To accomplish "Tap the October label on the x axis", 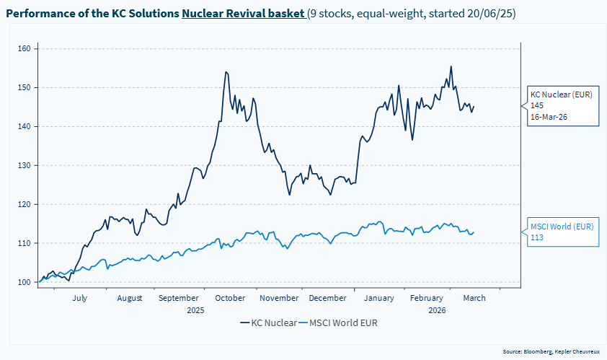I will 230,298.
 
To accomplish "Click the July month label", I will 80,298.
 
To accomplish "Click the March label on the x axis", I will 474,298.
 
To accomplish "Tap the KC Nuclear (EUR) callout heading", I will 561,95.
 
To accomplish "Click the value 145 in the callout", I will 537,105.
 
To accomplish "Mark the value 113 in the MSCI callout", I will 536,237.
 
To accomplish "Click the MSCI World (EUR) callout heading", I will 562,227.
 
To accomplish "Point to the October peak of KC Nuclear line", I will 226,72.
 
